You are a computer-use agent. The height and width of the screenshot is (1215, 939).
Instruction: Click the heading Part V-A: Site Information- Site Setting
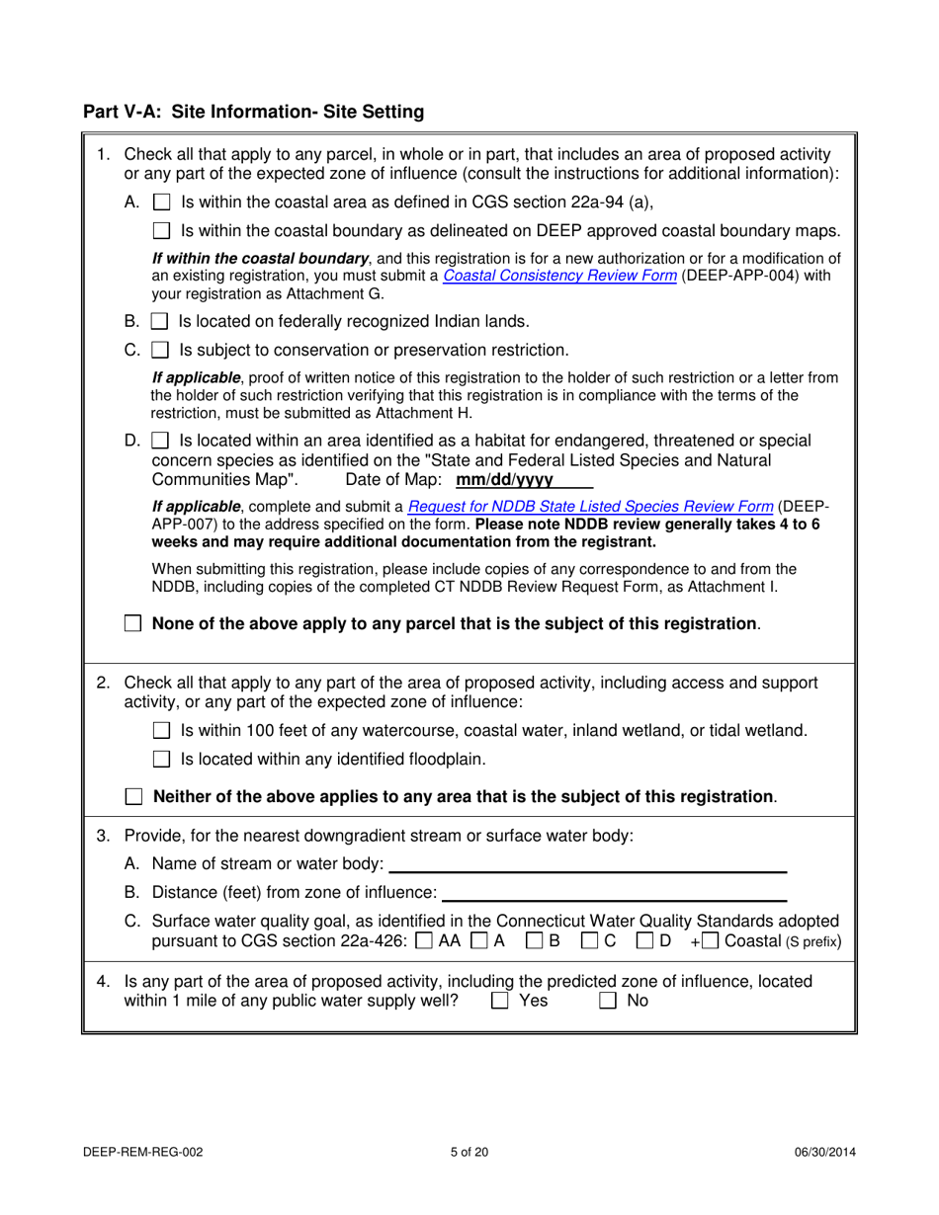(253, 113)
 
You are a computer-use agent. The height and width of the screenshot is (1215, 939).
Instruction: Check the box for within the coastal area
(163, 204)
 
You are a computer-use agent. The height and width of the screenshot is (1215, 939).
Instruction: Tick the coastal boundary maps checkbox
(163, 232)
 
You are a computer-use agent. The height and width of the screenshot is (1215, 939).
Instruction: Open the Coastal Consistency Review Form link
(559, 277)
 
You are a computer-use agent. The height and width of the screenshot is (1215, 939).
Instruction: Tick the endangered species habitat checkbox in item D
(162, 441)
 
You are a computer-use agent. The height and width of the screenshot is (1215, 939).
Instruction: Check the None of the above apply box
(133, 624)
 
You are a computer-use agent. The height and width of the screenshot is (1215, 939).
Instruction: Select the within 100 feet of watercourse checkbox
(163, 732)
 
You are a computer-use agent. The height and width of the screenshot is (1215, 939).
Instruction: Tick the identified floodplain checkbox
(163, 760)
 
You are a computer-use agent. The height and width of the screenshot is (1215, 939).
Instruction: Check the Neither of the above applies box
(133, 796)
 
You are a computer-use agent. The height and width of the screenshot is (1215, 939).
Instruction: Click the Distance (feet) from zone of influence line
(613, 894)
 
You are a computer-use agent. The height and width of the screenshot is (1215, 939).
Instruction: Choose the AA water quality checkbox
(423, 941)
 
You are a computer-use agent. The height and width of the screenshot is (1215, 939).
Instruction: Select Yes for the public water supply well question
(500, 1002)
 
